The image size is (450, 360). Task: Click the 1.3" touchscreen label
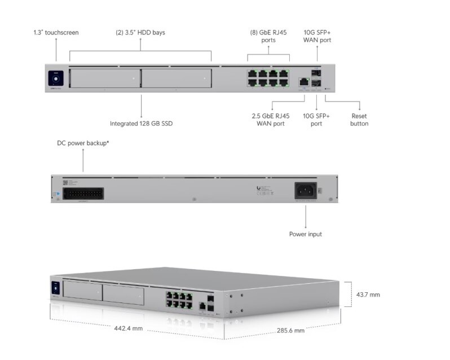coord(56,32)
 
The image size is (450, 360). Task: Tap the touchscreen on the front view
coord(56,78)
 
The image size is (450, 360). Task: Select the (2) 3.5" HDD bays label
coord(140,32)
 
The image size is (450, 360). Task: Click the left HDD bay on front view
coord(104,78)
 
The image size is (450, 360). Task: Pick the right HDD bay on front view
coord(176,78)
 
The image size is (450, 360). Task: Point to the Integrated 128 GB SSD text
coord(140,123)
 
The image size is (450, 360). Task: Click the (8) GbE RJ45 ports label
coord(268,36)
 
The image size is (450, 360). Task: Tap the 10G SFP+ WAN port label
coord(317,36)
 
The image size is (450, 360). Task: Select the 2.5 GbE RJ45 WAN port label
coord(272,120)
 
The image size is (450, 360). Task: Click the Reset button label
coord(359,120)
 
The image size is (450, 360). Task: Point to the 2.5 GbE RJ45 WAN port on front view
coord(303,81)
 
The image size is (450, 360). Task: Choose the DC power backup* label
coord(83,143)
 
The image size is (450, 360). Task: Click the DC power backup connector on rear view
coord(83,192)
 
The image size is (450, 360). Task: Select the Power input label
coord(306,234)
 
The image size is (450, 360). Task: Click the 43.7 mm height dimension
coord(368,295)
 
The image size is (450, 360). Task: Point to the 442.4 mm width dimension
coord(129,328)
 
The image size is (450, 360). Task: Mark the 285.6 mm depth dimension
coord(290,330)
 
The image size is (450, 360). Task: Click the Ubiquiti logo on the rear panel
coord(259,188)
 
